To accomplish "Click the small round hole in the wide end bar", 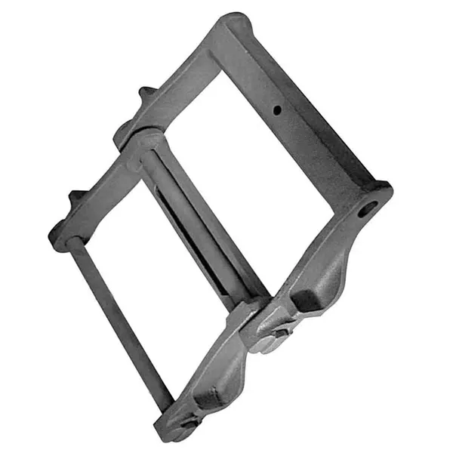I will tap(277, 111).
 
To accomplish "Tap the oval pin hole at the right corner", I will tap(367, 209).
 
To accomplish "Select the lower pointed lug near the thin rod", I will tap(76, 197).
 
